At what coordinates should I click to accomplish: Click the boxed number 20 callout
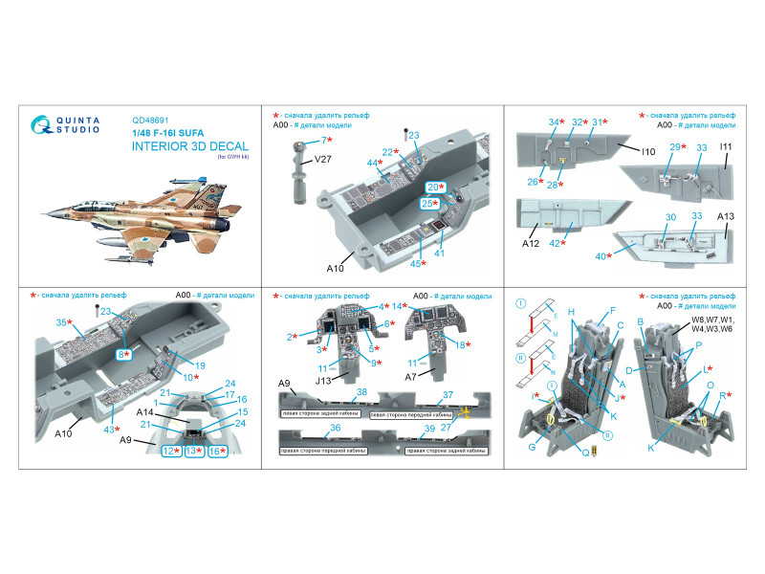(435, 187)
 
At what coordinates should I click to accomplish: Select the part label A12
(531, 244)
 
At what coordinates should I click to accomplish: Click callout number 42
(559, 244)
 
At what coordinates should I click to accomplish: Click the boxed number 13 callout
(192, 451)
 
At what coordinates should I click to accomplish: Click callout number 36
(335, 427)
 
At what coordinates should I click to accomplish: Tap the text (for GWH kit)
(226, 157)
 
